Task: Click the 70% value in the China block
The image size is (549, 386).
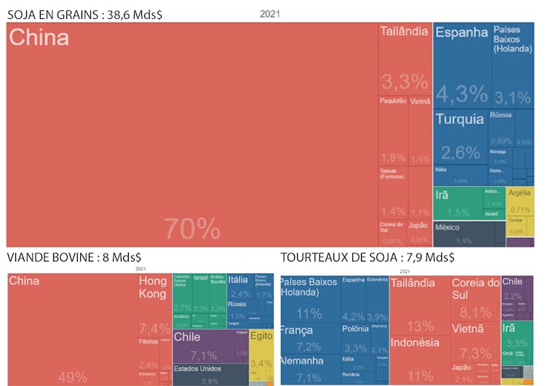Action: (x=192, y=228)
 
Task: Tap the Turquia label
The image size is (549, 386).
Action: (x=459, y=119)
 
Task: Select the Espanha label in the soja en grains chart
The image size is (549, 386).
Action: (x=462, y=32)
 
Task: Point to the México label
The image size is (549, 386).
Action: (x=448, y=227)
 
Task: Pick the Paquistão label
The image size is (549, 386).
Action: (x=393, y=101)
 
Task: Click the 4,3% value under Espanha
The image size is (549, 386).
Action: (x=462, y=93)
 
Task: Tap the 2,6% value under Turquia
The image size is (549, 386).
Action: (x=459, y=153)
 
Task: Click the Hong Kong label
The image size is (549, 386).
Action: (x=153, y=287)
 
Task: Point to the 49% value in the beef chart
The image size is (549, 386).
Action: (x=72, y=377)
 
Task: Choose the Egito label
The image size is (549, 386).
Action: (x=261, y=336)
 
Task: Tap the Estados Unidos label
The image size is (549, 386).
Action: (x=197, y=369)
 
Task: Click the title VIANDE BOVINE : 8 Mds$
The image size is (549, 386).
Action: (x=74, y=257)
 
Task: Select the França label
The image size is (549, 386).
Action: (x=296, y=330)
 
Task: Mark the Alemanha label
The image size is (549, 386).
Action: (x=301, y=361)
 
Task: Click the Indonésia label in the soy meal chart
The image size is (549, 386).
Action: (x=415, y=342)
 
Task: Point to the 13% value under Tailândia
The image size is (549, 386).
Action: (x=420, y=326)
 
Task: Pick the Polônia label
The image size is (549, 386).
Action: (x=355, y=328)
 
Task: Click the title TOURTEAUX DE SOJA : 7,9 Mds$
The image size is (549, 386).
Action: (x=368, y=257)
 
